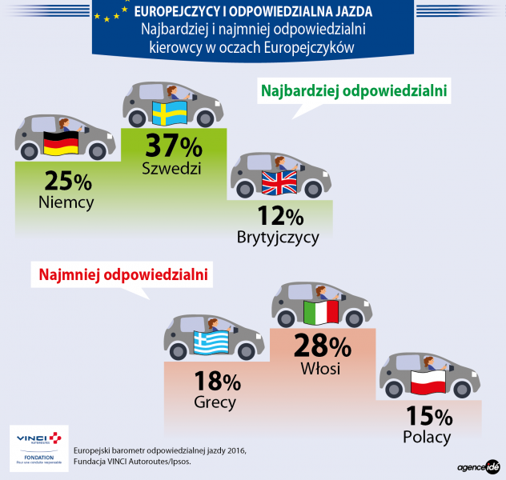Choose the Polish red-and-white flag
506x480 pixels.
pyautogui.click(x=428, y=382)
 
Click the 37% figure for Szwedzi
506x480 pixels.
pyautogui.click(x=173, y=146)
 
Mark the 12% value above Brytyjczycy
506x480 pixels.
pyautogui.click(x=280, y=216)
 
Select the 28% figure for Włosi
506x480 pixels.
pyautogui.click(x=323, y=346)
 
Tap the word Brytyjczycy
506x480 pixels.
pyautogui.click(x=278, y=237)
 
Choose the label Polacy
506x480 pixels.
pyautogui.click(x=428, y=437)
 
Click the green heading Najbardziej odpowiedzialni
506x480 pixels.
pyautogui.click(x=353, y=91)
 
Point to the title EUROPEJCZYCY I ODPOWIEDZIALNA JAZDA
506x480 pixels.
pyautogui.click(x=253, y=12)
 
